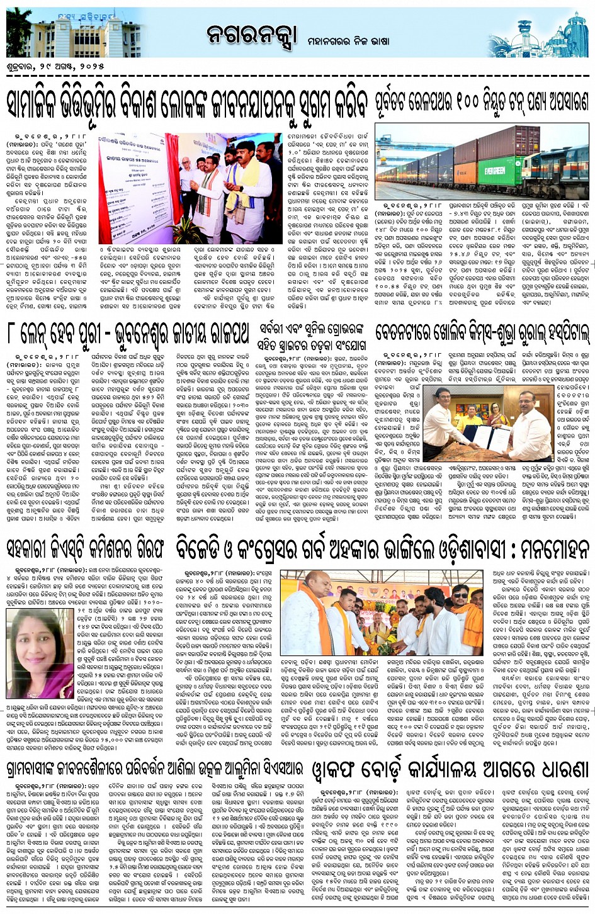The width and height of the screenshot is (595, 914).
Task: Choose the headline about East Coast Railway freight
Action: click(x=482, y=101)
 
